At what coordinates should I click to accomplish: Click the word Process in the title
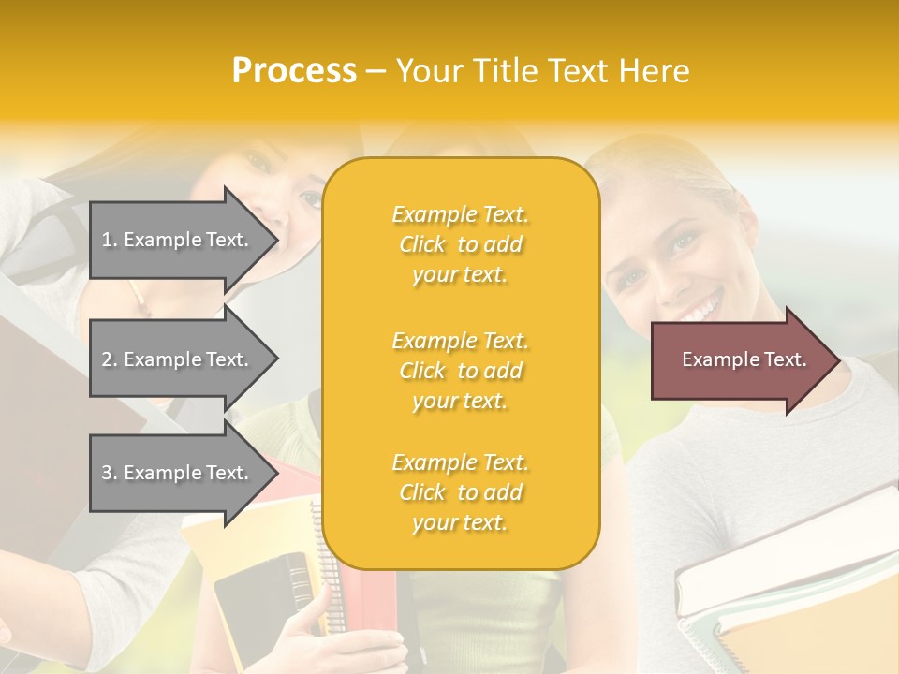(294, 71)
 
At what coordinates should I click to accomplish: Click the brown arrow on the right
(740, 359)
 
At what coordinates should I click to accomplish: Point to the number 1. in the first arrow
(110, 241)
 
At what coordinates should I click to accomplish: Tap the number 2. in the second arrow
(110, 360)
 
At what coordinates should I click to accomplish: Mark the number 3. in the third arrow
(110, 474)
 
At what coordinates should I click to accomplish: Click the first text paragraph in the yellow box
(460, 244)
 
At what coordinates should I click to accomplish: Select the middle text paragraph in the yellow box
(460, 371)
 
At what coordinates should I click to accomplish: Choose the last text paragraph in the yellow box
(460, 492)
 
